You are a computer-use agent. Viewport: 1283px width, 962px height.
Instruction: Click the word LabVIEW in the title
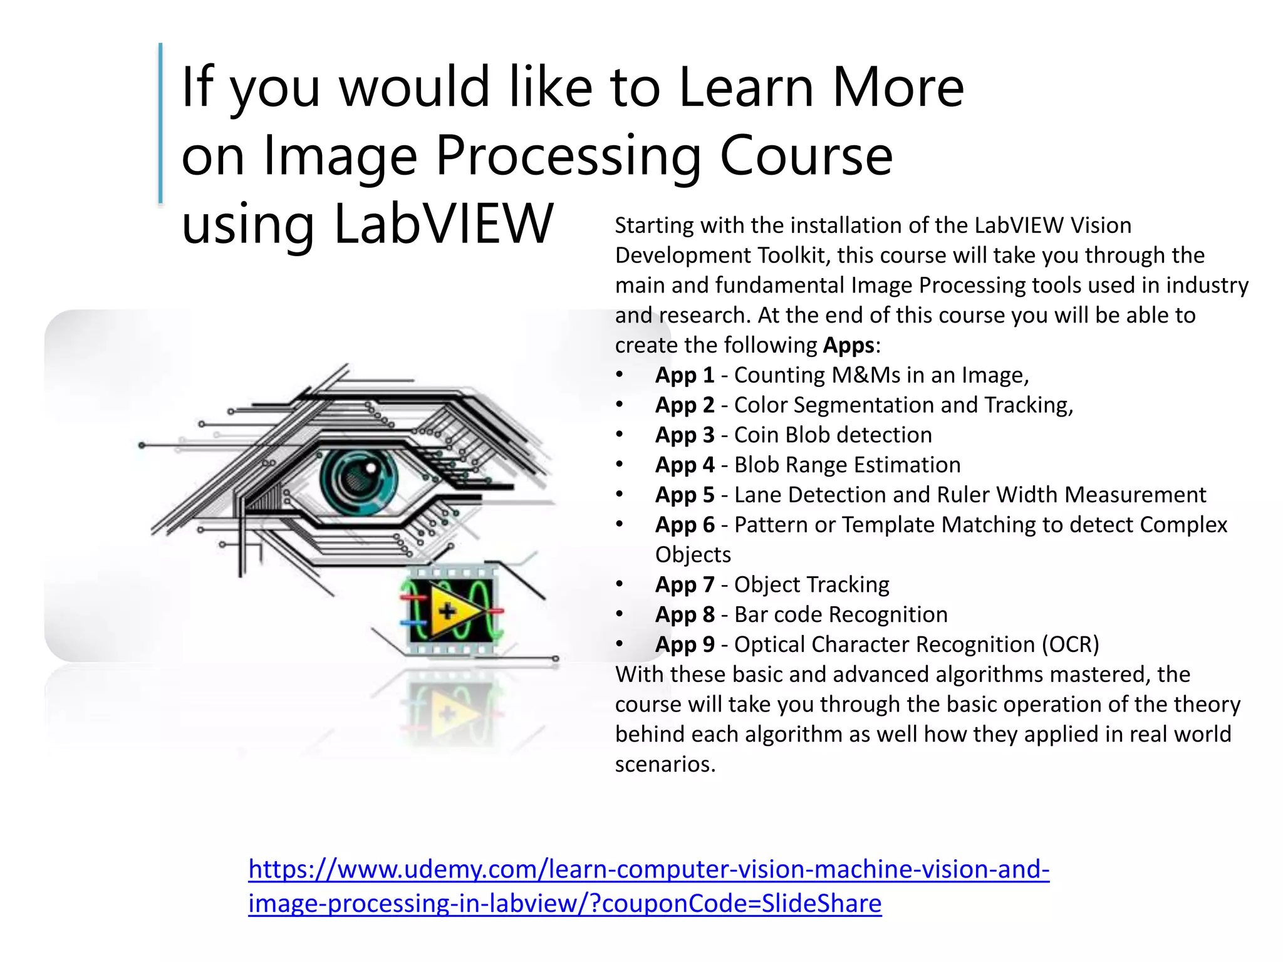[444, 224]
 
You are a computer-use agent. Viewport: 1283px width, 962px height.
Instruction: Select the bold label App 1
[685, 375]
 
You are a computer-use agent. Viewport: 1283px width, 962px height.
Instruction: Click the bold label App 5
[685, 495]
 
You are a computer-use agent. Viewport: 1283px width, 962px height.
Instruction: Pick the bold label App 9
[685, 644]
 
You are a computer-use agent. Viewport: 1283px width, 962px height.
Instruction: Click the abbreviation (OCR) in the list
[1070, 644]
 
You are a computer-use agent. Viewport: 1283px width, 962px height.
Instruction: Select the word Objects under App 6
[693, 555]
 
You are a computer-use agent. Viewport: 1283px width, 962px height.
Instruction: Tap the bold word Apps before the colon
[848, 346]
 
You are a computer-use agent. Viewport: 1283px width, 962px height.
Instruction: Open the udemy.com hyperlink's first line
[648, 869]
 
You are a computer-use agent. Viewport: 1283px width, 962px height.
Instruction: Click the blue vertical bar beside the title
[160, 123]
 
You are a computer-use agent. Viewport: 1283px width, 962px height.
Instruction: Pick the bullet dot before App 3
[619, 435]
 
